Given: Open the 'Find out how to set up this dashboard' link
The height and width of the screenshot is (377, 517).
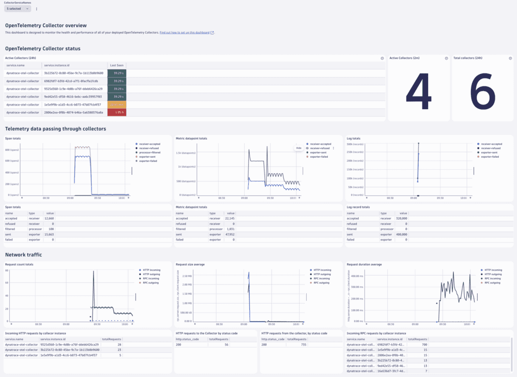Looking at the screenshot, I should pos(185,33).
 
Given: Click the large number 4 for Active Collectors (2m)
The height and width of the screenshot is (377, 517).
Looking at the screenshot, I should pos(418,92).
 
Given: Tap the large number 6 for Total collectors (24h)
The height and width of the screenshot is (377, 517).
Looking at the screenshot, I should pos(482,92).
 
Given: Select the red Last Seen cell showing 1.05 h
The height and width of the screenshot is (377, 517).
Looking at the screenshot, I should pos(117,112).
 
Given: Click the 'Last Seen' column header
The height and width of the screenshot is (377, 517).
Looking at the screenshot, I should pos(116,66).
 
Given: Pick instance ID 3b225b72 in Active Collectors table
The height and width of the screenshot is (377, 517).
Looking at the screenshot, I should pos(73,73).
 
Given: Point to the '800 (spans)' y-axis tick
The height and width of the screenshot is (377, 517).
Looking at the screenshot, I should pos(13,150).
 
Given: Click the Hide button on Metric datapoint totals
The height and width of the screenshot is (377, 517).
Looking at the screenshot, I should pos(298,148).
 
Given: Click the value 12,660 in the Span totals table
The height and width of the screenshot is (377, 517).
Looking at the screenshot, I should pos(49,218).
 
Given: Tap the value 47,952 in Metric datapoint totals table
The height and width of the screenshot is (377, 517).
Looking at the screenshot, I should pos(227,234).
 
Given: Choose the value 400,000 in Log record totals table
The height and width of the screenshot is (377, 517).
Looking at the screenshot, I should pos(400,234).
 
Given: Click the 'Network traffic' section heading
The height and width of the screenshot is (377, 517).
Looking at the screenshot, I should pos(23,254).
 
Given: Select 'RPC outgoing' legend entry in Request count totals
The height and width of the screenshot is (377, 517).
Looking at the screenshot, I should pos(151,283).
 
